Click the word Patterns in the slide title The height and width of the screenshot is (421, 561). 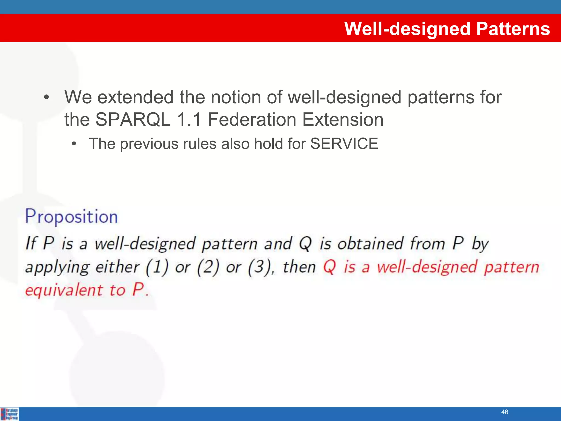coord(513,29)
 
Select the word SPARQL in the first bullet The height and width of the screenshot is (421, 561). coord(133,120)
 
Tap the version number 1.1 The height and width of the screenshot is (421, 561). coord(189,120)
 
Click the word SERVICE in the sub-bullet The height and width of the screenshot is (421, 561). coord(344,144)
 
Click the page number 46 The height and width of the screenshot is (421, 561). coord(505,412)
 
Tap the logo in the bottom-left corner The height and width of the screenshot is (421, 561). coord(10,414)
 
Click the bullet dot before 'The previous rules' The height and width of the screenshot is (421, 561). coord(73,144)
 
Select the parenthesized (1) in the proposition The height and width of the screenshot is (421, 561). coord(157,267)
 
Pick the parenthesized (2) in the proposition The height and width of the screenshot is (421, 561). coord(208,267)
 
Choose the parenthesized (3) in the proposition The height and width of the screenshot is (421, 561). coord(259,267)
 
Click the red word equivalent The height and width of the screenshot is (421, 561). coord(64,290)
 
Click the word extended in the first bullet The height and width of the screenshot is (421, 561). coord(135,97)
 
